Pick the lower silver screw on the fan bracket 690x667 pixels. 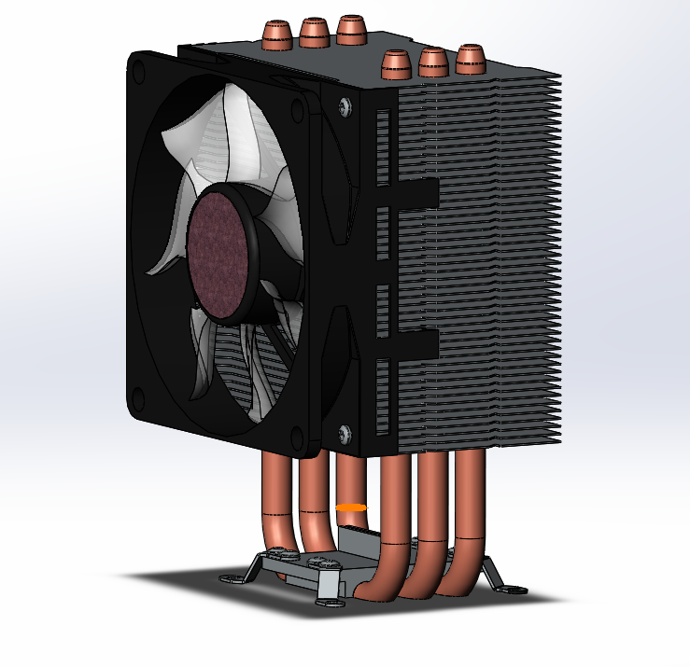[x=345, y=432]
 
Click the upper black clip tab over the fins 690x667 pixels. [x=411, y=193]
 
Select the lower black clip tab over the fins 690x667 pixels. [x=411, y=342]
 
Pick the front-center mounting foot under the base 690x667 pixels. [x=330, y=593]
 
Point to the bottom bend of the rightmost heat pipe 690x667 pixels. [x=458, y=584]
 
